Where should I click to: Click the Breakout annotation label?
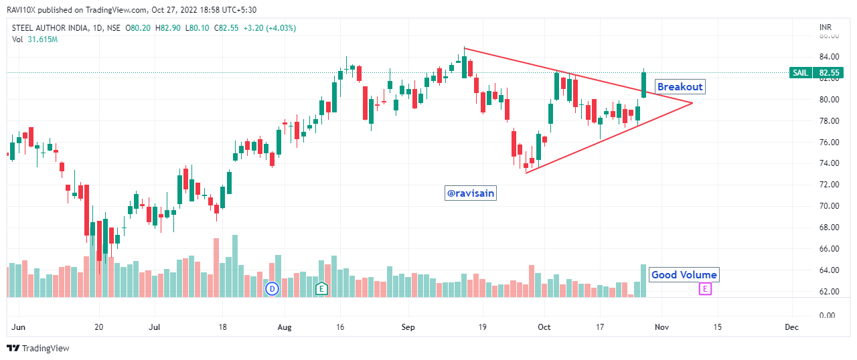click(680, 87)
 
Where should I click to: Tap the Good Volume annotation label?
click(684, 275)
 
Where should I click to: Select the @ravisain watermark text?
click(471, 193)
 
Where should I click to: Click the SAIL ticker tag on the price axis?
click(800, 72)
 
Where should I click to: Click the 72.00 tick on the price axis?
click(828, 185)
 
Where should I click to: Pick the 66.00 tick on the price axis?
click(828, 249)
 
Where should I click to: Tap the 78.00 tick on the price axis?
click(828, 121)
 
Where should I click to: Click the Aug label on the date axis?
click(285, 327)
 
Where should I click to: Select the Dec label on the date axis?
click(792, 327)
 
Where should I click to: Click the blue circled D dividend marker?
click(272, 289)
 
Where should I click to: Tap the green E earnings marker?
click(322, 289)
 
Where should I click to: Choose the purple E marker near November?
click(704, 289)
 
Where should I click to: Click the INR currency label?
click(826, 27)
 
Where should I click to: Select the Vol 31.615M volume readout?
click(35, 39)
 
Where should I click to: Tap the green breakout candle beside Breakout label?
click(643, 85)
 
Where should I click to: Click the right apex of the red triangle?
click(692, 102)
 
